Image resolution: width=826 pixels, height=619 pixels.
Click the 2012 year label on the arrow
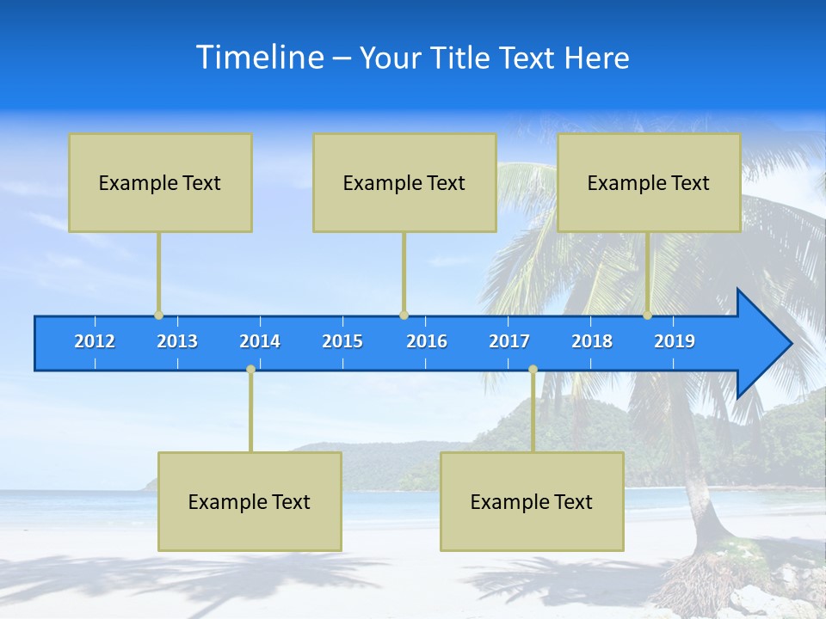point(95,341)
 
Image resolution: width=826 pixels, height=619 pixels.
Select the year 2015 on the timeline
point(342,341)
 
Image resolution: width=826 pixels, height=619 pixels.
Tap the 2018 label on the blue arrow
point(592,341)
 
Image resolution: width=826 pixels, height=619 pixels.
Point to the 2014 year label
point(260,341)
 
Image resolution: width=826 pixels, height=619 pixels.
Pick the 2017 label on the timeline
point(509,341)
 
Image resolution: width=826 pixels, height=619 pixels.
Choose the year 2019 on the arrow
point(675,341)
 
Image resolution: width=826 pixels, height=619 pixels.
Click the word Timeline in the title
point(261,57)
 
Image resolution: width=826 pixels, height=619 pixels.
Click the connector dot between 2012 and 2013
point(158,316)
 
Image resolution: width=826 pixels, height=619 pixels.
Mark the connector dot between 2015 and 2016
point(404,316)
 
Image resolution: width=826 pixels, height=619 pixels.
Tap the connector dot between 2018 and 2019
point(648,316)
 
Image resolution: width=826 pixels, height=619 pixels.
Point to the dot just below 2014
point(250,370)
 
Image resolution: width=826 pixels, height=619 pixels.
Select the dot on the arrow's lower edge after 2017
point(533,370)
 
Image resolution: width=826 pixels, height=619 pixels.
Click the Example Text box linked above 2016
point(404,182)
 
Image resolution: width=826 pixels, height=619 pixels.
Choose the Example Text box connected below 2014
point(250,501)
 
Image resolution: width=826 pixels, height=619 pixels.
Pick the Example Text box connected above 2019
point(649,182)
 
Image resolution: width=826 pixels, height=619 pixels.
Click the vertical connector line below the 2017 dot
point(533,413)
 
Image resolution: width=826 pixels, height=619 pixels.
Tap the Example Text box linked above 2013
point(160,182)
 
